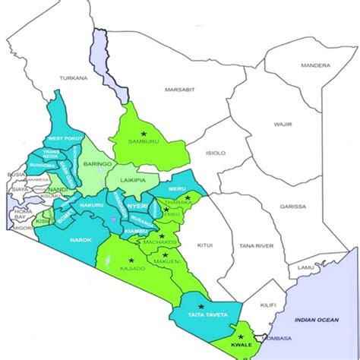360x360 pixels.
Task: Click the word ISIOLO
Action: click(x=216, y=153)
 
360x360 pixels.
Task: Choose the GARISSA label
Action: click(x=292, y=207)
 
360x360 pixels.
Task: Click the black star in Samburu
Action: click(x=143, y=134)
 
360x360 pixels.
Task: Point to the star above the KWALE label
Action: click(x=241, y=336)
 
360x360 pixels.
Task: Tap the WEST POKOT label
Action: click(x=63, y=138)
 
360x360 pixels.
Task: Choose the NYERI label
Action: click(x=137, y=206)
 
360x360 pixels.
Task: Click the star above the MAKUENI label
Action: click(x=165, y=254)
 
